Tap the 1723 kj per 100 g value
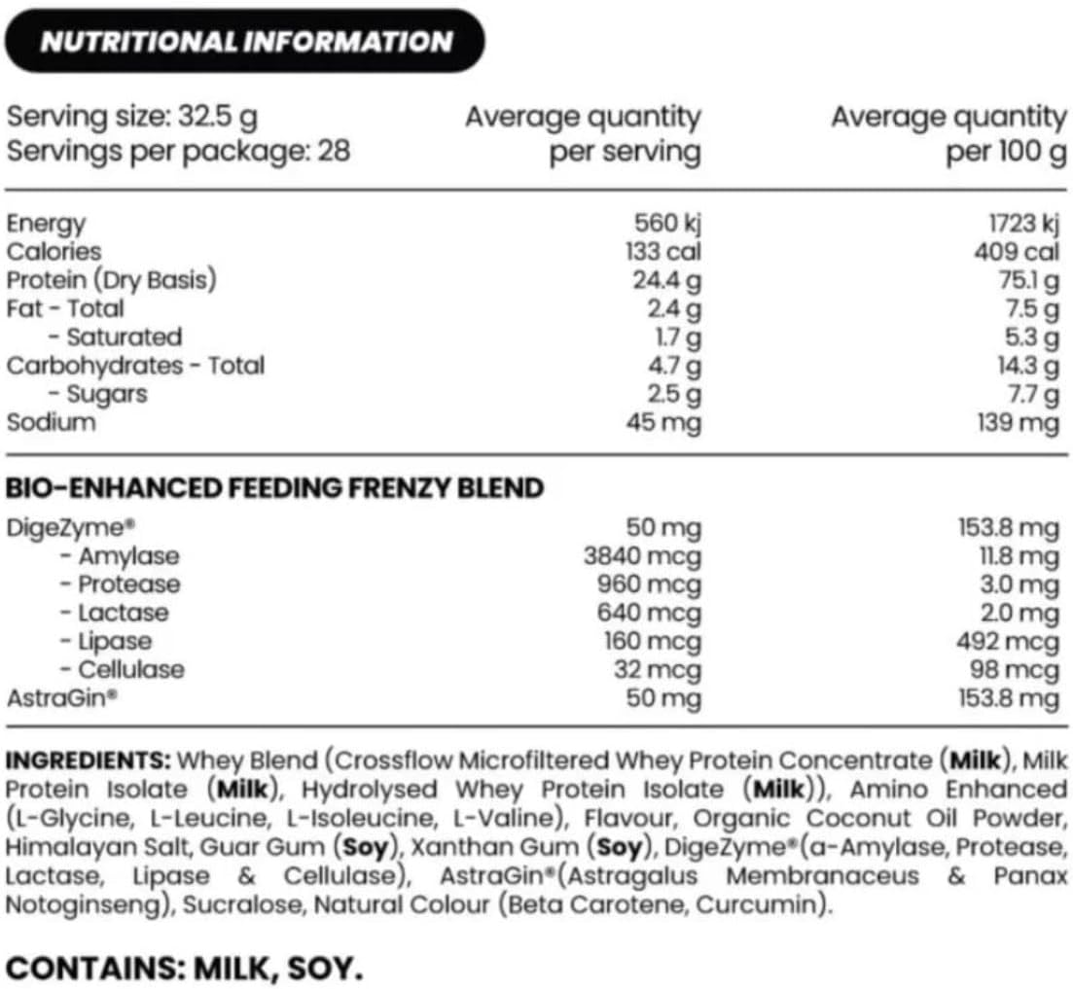point(1022,223)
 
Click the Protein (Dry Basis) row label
point(111,280)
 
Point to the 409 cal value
point(1017,252)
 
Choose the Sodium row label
point(52,422)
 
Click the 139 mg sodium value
point(1019,422)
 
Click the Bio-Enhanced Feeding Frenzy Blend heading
point(274,487)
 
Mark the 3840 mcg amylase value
point(641,556)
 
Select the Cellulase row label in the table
point(130,670)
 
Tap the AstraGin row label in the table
point(59,698)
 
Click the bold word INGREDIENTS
point(89,759)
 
